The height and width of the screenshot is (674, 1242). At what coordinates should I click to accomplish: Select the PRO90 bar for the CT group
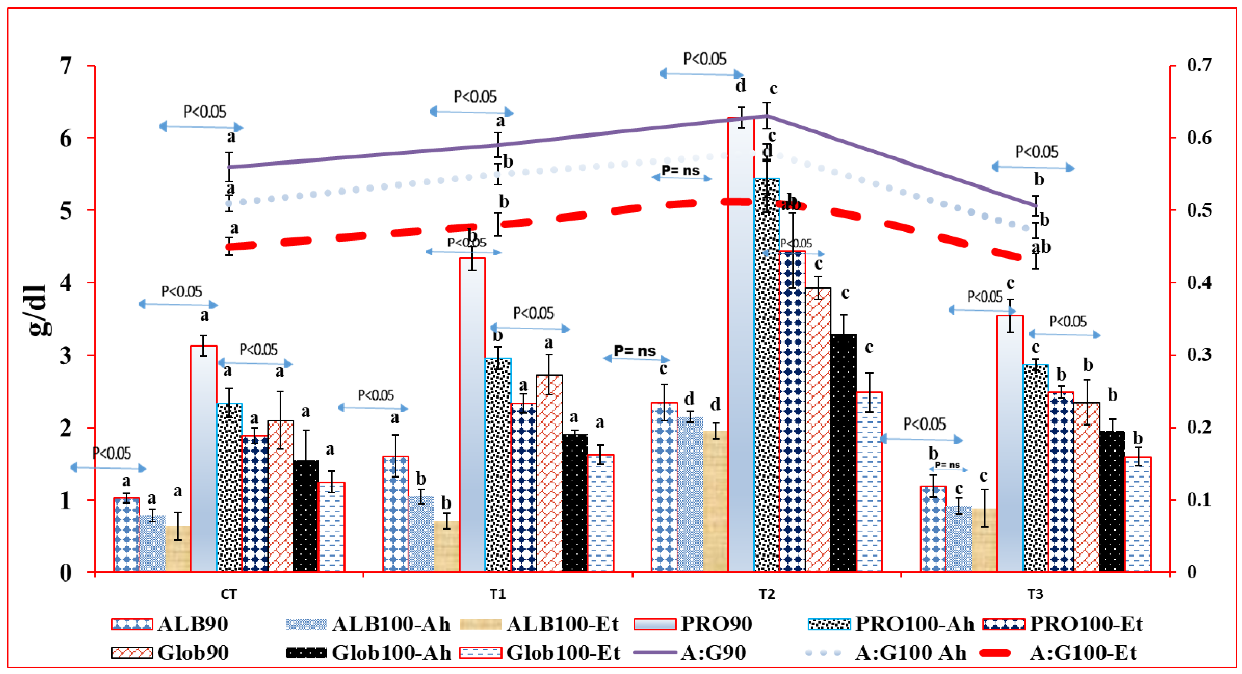[203, 458]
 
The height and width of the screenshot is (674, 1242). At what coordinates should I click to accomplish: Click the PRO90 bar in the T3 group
[1010, 444]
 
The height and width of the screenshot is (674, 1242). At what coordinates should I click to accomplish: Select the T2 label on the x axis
[767, 594]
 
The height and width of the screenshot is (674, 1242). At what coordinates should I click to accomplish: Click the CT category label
[229, 594]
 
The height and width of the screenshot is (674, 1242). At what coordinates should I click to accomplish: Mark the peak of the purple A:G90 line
[767, 116]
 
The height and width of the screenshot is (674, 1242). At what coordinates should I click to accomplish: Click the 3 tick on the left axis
[66, 356]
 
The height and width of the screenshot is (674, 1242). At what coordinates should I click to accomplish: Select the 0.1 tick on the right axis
[1199, 500]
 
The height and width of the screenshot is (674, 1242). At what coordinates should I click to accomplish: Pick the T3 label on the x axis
[1035, 594]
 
